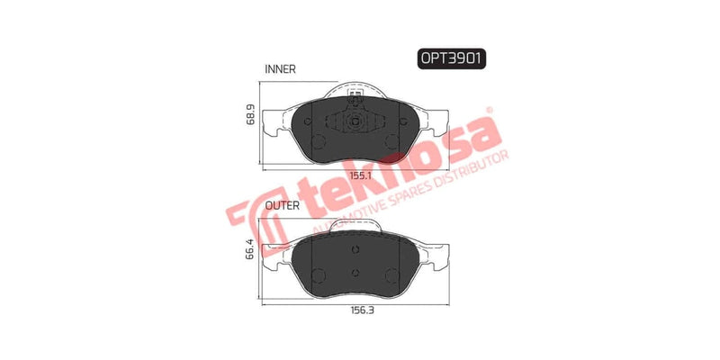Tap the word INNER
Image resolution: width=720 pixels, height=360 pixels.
tap(281, 69)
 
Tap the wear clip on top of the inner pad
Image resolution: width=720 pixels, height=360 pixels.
tap(354, 92)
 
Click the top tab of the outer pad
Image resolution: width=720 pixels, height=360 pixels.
tap(355, 224)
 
